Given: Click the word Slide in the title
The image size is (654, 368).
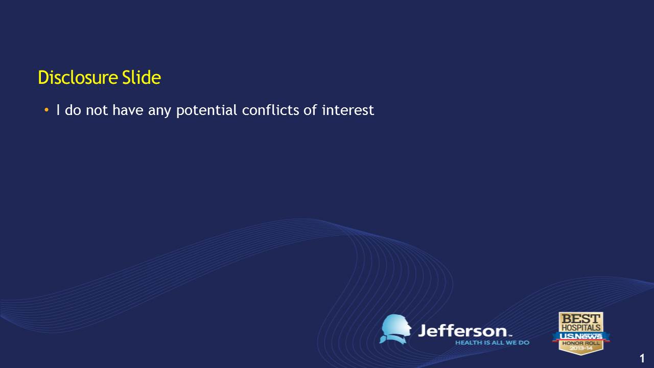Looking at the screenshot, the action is (142, 77).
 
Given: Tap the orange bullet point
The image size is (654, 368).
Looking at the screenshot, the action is (46, 110).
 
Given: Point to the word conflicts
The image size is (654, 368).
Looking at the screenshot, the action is (270, 110).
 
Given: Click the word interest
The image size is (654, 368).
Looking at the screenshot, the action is (348, 110).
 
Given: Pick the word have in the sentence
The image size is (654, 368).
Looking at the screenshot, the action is (128, 110).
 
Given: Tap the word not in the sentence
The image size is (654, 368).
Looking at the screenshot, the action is (97, 110).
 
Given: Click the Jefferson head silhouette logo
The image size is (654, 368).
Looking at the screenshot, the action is (395, 329).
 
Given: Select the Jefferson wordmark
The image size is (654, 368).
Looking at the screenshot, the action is (464, 331).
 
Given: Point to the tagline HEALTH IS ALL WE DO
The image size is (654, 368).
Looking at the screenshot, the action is (492, 342).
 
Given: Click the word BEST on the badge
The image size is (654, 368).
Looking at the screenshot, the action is (581, 318).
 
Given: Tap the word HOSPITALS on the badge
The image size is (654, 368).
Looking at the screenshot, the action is (581, 328).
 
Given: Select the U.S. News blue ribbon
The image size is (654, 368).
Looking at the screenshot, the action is (581, 336).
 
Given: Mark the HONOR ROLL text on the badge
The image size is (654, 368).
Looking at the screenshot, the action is (581, 343).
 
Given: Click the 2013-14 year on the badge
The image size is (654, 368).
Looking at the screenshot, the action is (581, 348).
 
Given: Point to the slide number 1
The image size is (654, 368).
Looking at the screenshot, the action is (642, 358).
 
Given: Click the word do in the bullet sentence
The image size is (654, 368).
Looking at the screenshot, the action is (73, 110).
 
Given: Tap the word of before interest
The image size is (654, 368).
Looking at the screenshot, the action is (310, 110).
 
